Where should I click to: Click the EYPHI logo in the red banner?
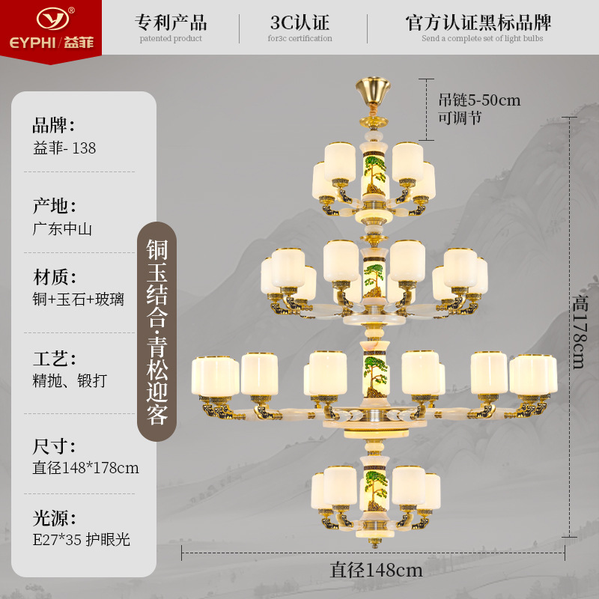click(50, 27)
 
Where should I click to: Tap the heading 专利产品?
click(171, 22)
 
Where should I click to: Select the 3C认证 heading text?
click(299, 22)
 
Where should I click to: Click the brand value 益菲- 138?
click(64, 148)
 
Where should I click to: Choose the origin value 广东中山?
click(62, 229)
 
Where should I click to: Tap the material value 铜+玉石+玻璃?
click(79, 300)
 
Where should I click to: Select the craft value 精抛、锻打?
click(70, 381)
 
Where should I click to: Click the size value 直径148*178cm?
click(85, 468)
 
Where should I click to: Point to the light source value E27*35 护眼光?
click(82, 539)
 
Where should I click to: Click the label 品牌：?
click(54, 125)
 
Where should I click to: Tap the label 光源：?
click(54, 517)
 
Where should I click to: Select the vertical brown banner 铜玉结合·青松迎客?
click(156, 332)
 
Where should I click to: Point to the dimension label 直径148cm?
click(377, 571)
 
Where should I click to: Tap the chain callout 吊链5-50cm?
click(479, 100)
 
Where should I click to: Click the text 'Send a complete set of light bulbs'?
click(481, 39)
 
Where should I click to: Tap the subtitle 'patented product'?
click(171, 39)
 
